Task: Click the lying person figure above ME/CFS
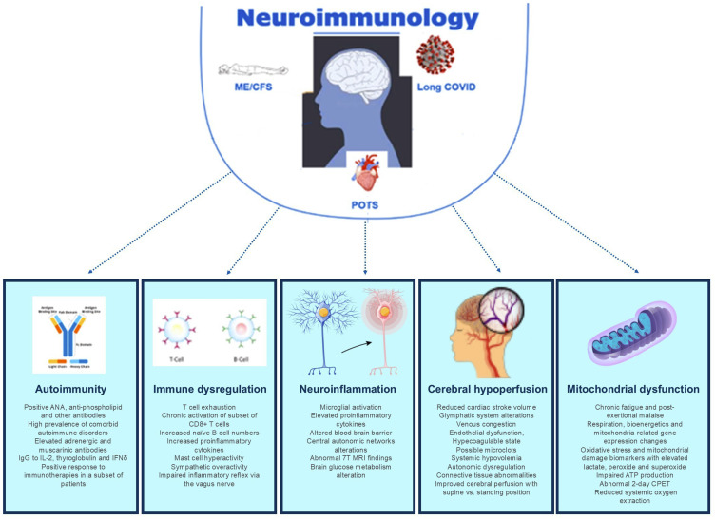click(249, 69)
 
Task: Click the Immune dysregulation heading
click(209, 389)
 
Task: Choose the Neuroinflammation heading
click(347, 389)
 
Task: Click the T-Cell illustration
click(177, 329)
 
